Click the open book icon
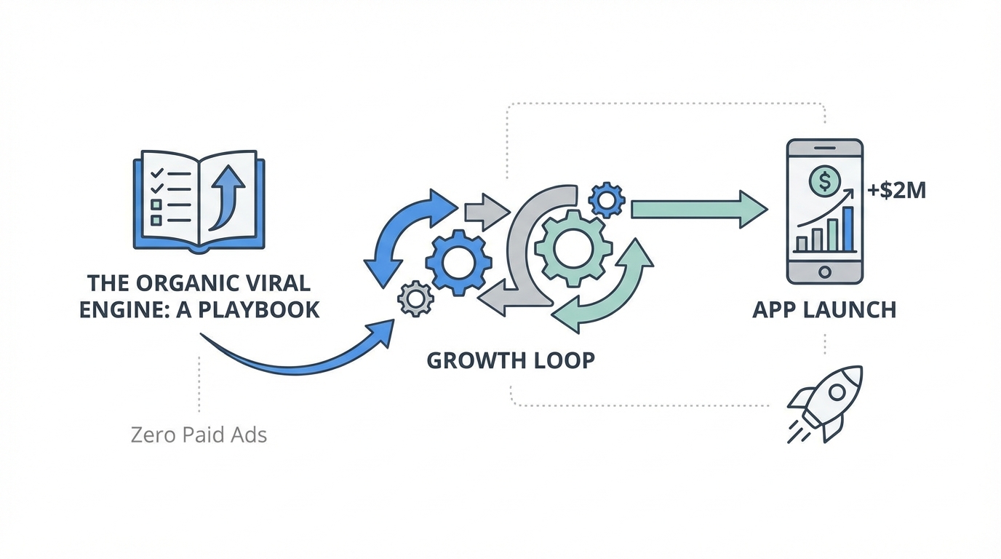(199, 200)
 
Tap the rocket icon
(827, 403)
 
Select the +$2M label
(896, 191)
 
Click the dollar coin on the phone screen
(824, 180)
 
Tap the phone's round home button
(825, 271)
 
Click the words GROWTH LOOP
(510, 360)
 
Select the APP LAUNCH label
(824, 309)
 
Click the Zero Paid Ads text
(199, 435)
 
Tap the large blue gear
(458, 263)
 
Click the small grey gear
(416, 298)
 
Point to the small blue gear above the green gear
(606, 199)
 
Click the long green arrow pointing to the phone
(698, 210)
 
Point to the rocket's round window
(837, 392)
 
